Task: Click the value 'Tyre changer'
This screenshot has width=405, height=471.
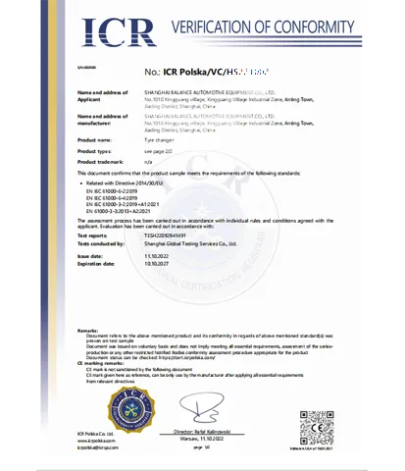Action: coord(160,139)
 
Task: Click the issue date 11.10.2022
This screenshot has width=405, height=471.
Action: coord(157,254)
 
